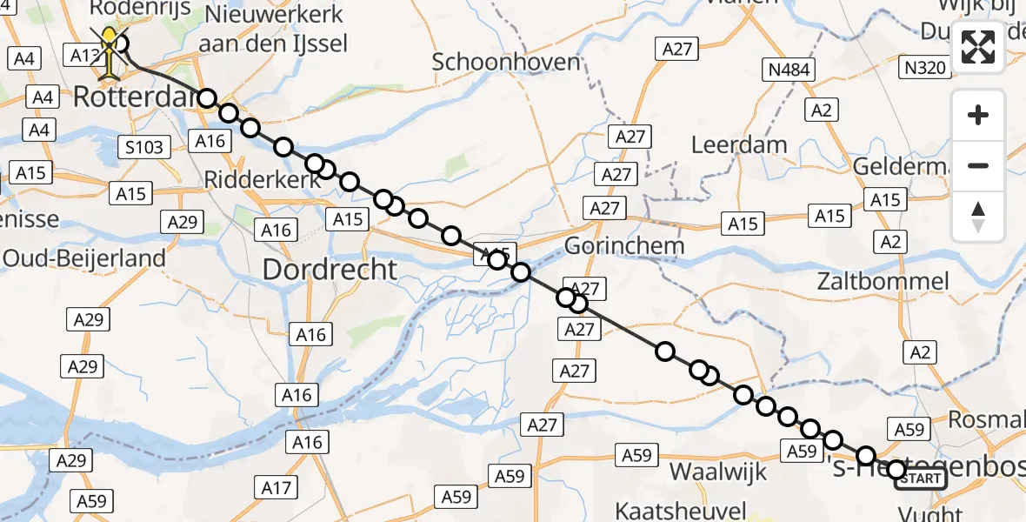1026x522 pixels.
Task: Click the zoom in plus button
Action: click(978, 115)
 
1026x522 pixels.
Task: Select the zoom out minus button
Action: click(978, 165)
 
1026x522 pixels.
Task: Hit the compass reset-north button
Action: click(978, 217)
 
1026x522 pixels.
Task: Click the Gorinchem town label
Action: click(624, 246)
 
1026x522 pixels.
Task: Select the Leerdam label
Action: click(739, 145)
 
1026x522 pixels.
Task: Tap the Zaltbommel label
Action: click(883, 281)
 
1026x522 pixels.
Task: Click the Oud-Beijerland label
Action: click(83, 258)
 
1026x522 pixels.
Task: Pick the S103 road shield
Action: click(144, 147)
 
